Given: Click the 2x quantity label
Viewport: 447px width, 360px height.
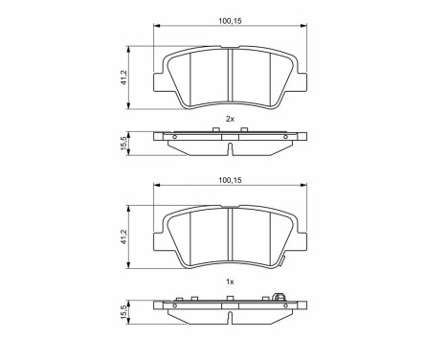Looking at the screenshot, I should tap(230, 118).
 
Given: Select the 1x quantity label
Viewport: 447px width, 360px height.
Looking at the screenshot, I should tap(230, 281).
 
